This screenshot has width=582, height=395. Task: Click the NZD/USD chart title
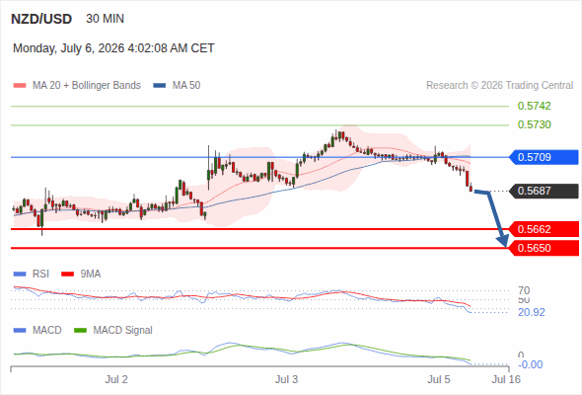click(41, 19)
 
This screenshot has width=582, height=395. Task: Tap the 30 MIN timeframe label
click(105, 19)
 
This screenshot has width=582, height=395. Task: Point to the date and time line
click(113, 48)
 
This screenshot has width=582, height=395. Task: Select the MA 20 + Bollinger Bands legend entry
click(77, 86)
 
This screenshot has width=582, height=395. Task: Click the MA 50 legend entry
click(177, 86)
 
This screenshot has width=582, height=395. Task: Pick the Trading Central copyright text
click(499, 86)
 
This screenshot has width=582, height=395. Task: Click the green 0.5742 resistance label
click(534, 106)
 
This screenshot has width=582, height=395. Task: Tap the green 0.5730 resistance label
click(534, 124)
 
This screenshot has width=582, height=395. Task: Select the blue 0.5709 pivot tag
click(544, 157)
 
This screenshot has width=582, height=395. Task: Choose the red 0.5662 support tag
click(544, 229)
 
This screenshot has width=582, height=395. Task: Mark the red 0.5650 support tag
click(544, 248)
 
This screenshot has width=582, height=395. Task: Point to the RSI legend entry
click(32, 274)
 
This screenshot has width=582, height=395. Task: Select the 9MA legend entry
click(81, 274)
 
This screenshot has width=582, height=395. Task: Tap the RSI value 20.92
click(532, 312)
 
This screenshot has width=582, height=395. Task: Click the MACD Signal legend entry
click(113, 330)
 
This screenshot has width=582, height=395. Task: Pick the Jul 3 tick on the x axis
click(286, 379)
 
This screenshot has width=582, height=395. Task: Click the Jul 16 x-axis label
click(506, 379)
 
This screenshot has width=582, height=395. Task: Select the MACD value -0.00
click(530, 364)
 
